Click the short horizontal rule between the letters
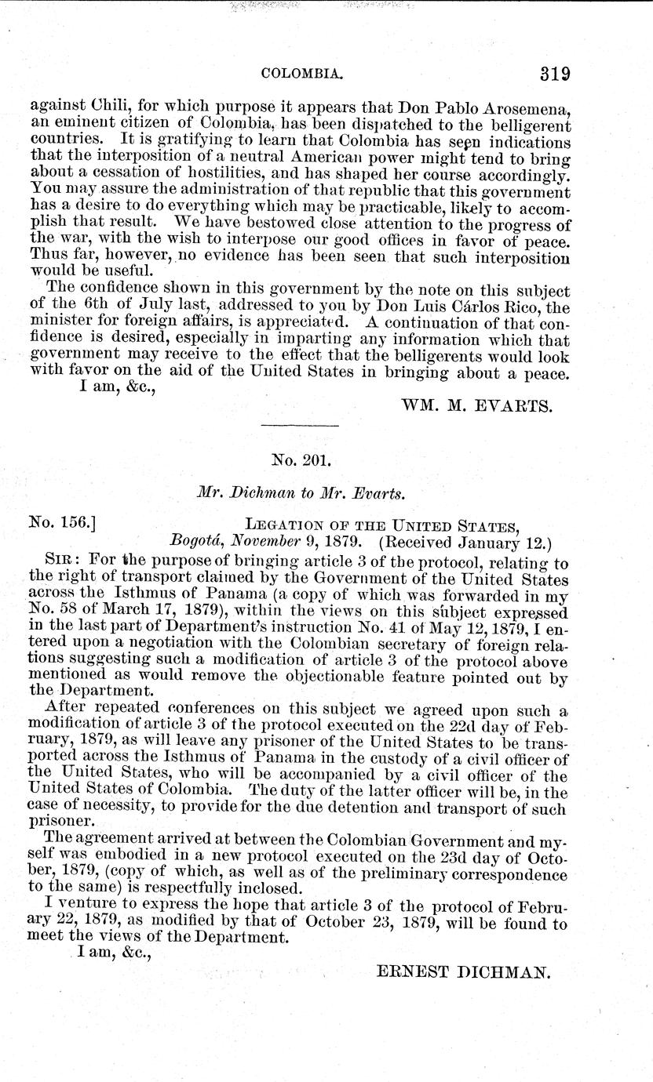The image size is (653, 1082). tap(299, 426)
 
